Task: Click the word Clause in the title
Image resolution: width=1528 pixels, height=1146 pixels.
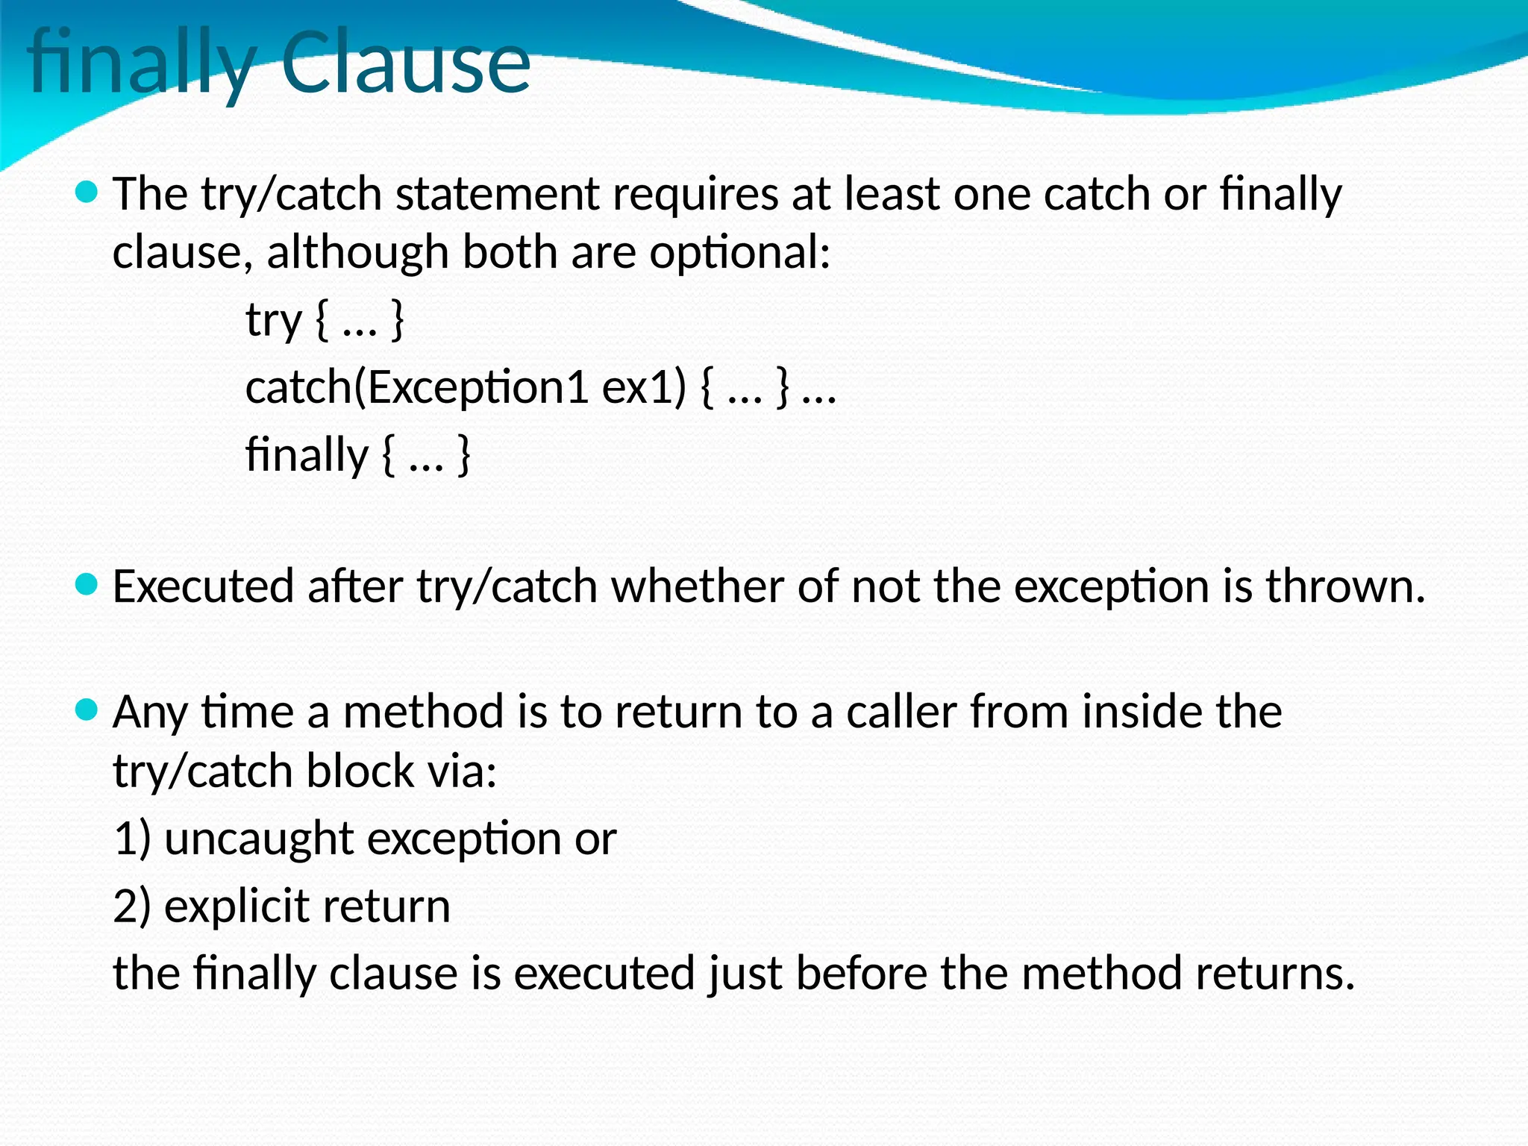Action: coord(405,63)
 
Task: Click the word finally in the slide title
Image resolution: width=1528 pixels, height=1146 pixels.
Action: coord(142,63)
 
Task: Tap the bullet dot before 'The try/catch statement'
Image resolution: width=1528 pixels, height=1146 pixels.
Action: coord(87,193)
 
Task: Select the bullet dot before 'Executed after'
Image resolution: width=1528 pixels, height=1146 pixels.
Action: coord(87,585)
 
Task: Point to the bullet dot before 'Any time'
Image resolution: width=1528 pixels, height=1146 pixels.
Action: coord(87,710)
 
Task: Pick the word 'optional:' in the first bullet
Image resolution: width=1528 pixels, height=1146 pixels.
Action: coord(739,253)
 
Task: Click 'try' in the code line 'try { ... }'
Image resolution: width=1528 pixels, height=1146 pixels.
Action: coord(273,322)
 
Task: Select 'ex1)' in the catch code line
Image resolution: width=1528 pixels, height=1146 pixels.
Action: coord(642,388)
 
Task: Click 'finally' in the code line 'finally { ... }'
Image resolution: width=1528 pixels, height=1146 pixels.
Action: coord(307,455)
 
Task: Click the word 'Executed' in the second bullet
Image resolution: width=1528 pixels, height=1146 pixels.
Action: coord(203,586)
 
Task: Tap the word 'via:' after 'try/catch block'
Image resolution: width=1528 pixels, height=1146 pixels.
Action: coord(462,771)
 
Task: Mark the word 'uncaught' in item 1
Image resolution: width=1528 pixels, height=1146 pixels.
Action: coord(259,839)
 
